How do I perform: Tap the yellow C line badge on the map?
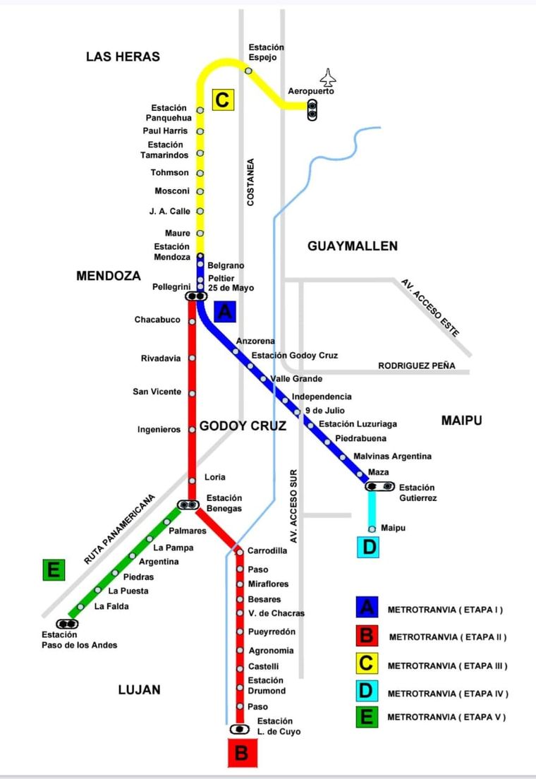tap(222, 99)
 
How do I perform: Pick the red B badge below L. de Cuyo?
tap(242, 753)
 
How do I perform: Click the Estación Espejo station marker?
tap(248, 71)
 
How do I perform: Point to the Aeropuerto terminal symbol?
tap(312, 109)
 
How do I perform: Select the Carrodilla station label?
tap(267, 550)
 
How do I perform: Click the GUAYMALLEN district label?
tap(353, 246)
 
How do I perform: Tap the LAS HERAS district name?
tap(123, 56)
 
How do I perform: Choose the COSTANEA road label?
tap(250, 183)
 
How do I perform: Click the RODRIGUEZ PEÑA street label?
tap(416, 366)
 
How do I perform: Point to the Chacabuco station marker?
tap(192, 321)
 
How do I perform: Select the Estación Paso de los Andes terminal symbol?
tap(68, 624)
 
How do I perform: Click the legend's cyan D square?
tap(367, 693)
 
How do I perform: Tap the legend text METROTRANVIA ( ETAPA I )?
tap(445, 610)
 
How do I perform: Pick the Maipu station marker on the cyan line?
tap(372, 529)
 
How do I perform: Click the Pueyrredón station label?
tap(272, 632)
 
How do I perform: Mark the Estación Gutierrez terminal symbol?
tap(379, 486)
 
